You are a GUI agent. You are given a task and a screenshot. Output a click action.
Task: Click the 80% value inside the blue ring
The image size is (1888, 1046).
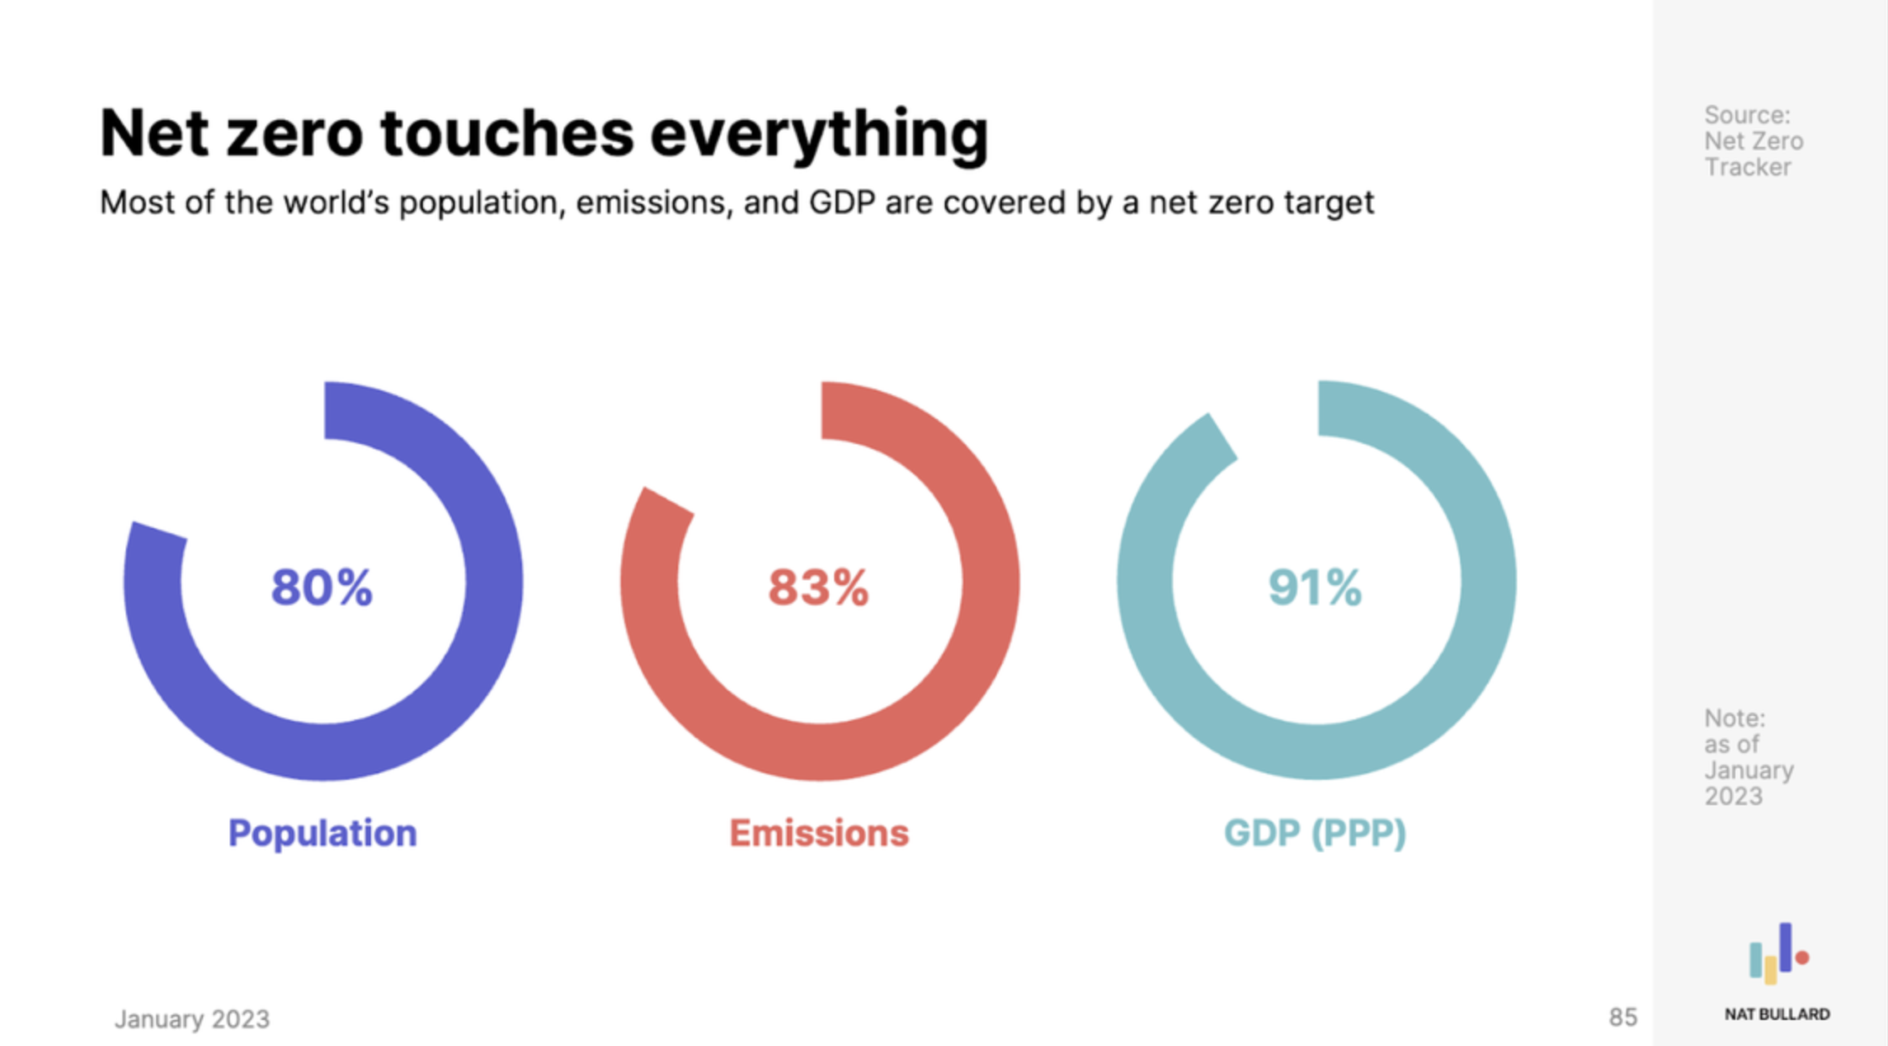[321, 587]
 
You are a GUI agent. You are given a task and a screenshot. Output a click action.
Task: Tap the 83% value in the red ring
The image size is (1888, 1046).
[818, 587]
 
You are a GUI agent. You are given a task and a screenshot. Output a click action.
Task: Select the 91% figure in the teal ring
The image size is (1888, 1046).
[1315, 587]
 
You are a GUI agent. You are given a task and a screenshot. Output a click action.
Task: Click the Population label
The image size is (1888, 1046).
[322, 833]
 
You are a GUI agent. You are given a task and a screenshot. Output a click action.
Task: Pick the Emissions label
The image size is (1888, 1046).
[819, 833]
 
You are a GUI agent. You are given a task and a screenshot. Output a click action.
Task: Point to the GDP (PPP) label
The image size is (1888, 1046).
[1315, 833]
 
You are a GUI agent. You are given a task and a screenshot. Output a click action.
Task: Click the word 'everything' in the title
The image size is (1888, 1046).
[819, 134]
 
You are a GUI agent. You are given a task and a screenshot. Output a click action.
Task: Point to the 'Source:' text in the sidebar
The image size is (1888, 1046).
[1747, 115]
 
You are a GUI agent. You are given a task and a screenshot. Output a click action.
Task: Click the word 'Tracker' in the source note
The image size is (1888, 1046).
[1748, 167]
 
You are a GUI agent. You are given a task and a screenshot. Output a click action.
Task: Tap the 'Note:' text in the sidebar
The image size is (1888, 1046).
[1734, 719]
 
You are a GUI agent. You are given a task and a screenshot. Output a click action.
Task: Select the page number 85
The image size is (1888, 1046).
[1623, 1017]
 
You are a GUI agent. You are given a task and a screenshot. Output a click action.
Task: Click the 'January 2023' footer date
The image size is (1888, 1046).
[192, 1019]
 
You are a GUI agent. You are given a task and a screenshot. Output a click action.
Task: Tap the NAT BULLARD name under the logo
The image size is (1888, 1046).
[1777, 1014]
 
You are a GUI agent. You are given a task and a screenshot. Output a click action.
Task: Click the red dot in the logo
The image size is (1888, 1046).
[1802, 957]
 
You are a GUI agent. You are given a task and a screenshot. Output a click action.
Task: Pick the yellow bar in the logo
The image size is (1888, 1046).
[1771, 970]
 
